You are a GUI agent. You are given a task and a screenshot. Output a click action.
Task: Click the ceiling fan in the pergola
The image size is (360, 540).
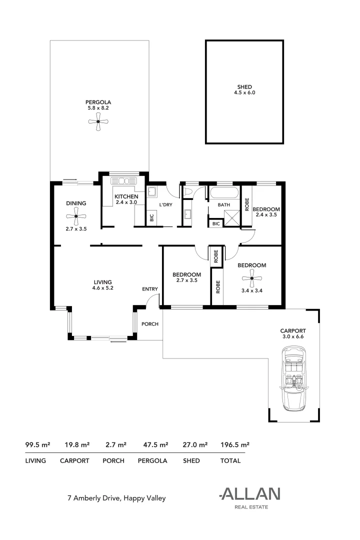pyautogui.click(x=98, y=121)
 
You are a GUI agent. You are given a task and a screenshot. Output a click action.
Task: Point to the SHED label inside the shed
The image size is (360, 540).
pyautogui.click(x=244, y=86)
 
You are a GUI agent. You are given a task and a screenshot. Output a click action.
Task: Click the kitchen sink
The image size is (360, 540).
pyautogui.click(x=123, y=181)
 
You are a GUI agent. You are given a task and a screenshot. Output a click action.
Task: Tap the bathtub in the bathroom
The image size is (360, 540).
pyautogui.click(x=224, y=193)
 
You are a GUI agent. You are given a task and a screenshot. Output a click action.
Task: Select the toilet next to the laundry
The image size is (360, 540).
pyautogui.click(x=189, y=191)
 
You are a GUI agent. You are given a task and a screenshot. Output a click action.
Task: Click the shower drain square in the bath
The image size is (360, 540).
pyautogui.click(x=231, y=217)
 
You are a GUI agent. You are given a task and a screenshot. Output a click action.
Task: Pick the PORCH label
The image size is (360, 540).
pyautogui.click(x=149, y=324)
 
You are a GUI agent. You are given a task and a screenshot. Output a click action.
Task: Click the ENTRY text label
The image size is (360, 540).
pyautogui.click(x=150, y=289)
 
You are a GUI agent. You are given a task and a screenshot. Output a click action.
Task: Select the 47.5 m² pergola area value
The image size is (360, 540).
pyautogui.click(x=153, y=444)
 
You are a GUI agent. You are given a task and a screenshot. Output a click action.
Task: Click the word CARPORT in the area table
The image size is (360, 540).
pyautogui.click(x=74, y=460)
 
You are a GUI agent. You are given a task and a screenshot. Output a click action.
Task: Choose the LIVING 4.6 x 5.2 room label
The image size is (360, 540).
pyautogui.click(x=102, y=285)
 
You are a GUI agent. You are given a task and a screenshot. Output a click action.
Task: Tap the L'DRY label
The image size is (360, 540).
pyautogui.click(x=165, y=205)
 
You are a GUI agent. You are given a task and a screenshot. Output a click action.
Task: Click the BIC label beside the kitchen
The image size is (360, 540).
pyautogui.click(x=151, y=218)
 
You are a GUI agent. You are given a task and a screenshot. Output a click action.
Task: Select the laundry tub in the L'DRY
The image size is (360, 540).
pyautogui.click(x=152, y=191)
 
